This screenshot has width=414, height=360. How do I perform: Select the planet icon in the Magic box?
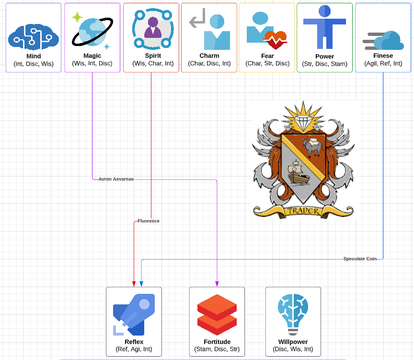click(92, 31)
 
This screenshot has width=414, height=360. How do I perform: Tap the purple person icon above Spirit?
click(152, 27)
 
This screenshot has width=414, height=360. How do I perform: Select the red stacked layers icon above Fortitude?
click(217, 314)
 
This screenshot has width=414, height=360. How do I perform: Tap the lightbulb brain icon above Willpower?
click(293, 314)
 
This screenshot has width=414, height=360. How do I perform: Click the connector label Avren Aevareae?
click(116, 179)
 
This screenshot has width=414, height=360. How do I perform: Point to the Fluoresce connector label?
click(149, 221)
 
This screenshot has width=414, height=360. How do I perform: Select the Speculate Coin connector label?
click(360, 259)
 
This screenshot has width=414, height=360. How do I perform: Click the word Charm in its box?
click(209, 56)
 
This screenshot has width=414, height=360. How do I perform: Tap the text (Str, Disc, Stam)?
click(324, 64)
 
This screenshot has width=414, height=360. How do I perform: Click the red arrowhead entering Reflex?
click(134, 284)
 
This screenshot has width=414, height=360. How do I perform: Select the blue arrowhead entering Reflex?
click(141, 284)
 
